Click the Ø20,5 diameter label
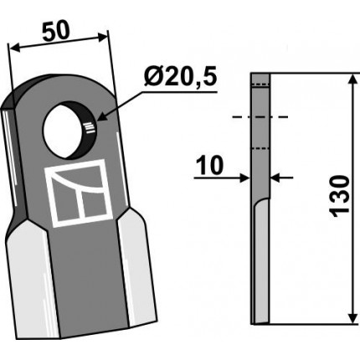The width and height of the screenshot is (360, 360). click(x=180, y=77)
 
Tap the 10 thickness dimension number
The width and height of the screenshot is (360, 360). click(x=210, y=165)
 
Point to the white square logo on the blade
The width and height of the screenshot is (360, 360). click(x=79, y=193)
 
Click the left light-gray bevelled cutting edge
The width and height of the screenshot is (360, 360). click(x=31, y=279)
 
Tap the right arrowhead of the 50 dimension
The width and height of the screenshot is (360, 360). click(x=102, y=37)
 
